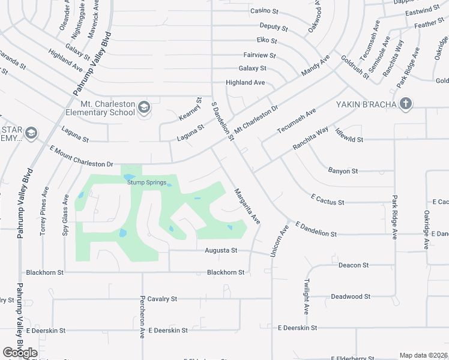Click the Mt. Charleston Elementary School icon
point(143,107)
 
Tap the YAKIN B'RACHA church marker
point(406,104)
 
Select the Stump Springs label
point(146,182)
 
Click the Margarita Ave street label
point(247,206)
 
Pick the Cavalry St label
point(162,298)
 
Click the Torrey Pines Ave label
point(44,209)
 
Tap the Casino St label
point(265,11)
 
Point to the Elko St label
point(267,41)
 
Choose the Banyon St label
point(343,171)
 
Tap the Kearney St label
point(197,109)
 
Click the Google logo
point(20,352)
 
